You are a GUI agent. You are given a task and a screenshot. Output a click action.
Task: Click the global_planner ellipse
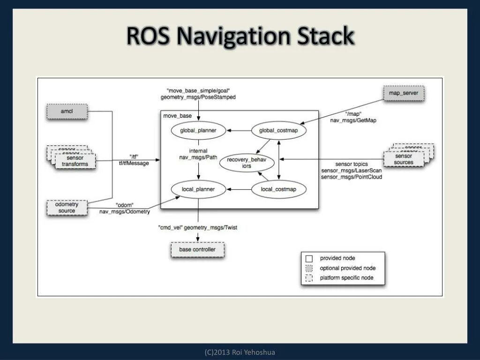click(x=198, y=130)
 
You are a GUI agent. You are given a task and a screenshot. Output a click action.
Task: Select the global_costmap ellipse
click(x=278, y=130)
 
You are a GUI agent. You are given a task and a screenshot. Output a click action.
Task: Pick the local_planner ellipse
click(x=198, y=189)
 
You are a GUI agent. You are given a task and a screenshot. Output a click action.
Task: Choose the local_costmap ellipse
click(x=278, y=189)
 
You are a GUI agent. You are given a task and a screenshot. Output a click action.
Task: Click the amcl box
click(x=67, y=112)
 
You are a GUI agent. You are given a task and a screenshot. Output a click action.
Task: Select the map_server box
click(x=404, y=93)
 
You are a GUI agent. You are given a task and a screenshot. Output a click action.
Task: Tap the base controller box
click(x=197, y=249)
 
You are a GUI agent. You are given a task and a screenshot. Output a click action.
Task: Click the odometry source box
click(x=67, y=207)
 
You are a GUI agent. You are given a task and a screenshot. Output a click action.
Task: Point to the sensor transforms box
click(x=75, y=161)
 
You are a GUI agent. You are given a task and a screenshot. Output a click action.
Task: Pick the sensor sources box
click(x=404, y=159)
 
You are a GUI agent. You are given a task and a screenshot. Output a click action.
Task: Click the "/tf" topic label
click(x=133, y=157)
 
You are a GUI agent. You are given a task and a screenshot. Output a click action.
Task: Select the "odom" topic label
click(x=125, y=205)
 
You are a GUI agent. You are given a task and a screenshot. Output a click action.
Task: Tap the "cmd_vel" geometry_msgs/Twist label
click(x=198, y=227)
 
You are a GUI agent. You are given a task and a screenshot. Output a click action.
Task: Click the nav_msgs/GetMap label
click(x=353, y=120)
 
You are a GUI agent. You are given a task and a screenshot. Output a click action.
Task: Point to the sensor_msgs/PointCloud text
click(x=352, y=177)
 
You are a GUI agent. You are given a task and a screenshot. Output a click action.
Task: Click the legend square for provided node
click(x=309, y=258)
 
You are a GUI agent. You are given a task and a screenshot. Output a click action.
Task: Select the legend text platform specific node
click(x=346, y=278)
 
